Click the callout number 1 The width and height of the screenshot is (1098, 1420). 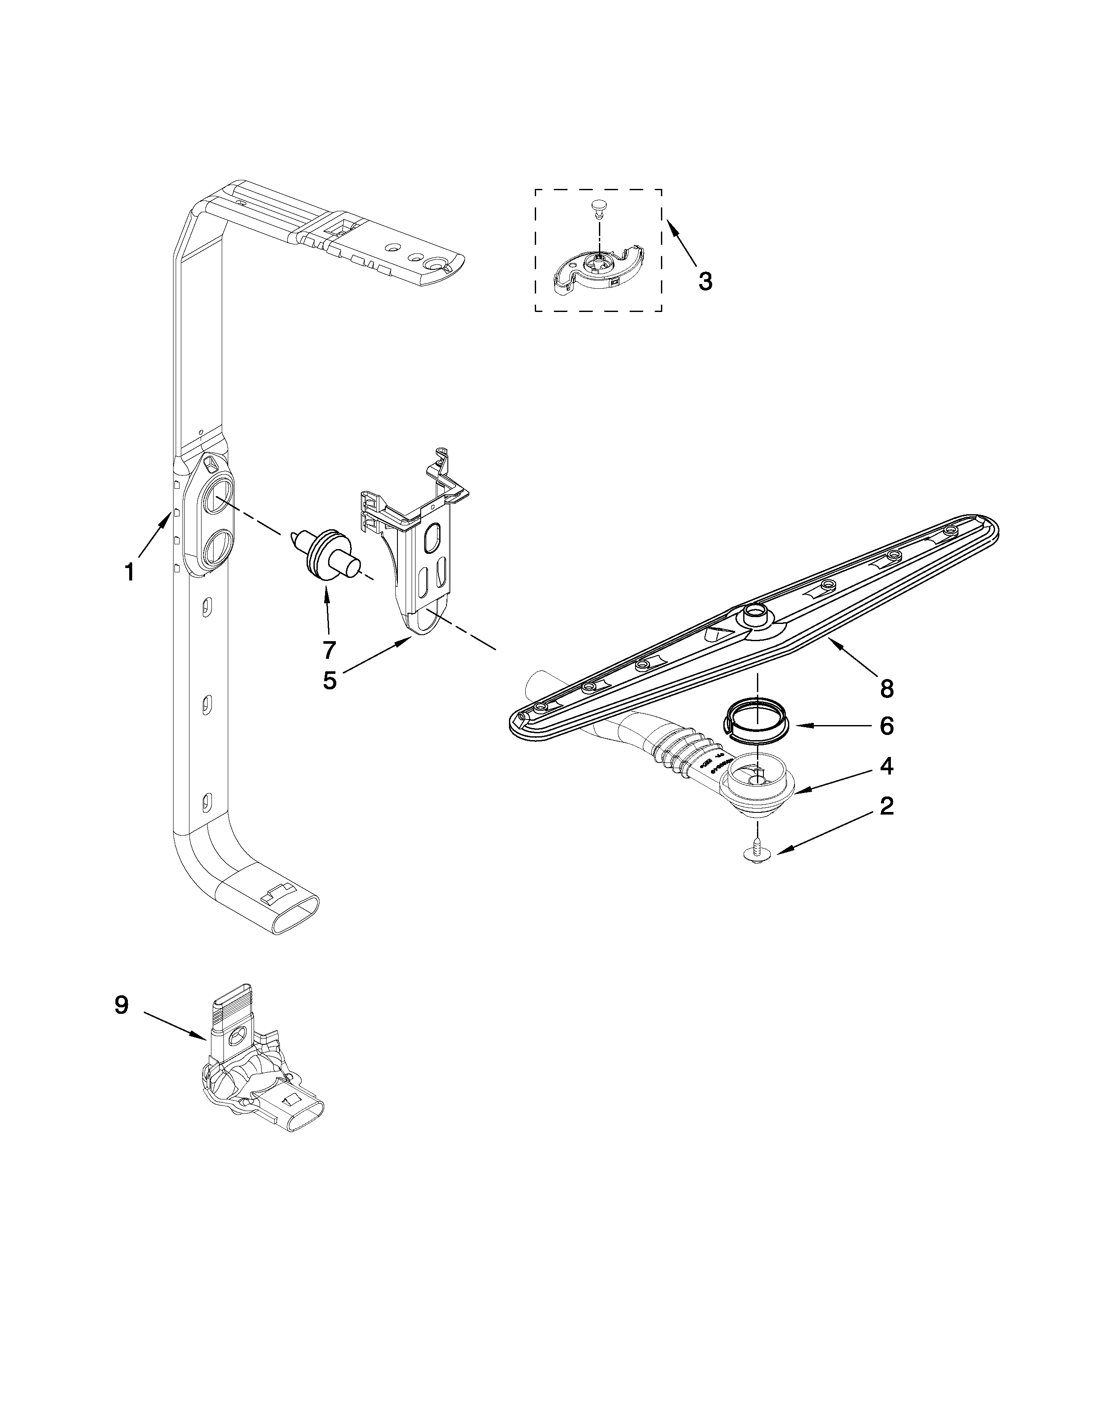pos(130,572)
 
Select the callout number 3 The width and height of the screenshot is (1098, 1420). pos(705,281)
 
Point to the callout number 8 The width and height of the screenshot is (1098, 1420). pos(887,688)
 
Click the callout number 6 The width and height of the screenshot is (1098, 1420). pos(887,726)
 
